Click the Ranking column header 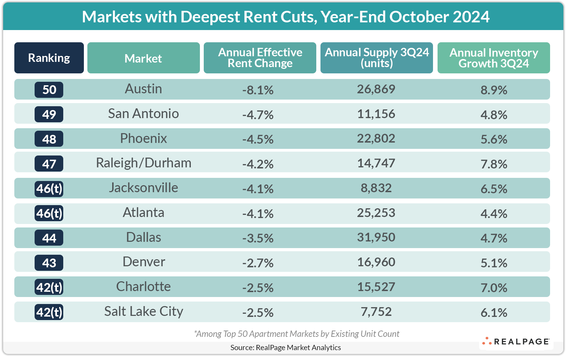pyautogui.click(x=49, y=58)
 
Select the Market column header pyautogui.click(x=143, y=58)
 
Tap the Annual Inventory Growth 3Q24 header pyautogui.click(x=493, y=58)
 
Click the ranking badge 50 pyautogui.click(x=49, y=90)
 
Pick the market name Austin pyautogui.click(x=143, y=89)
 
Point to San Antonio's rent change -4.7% pyautogui.click(x=258, y=115)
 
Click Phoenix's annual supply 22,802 pyautogui.click(x=376, y=139)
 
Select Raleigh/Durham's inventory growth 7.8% pyautogui.click(x=493, y=164)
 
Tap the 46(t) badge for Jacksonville pyautogui.click(x=49, y=189)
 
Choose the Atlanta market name pyautogui.click(x=143, y=213)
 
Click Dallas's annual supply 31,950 pyautogui.click(x=376, y=238)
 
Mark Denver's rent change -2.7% pyautogui.click(x=258, y=263)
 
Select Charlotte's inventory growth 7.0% pyautogui.click(x=493, y=288)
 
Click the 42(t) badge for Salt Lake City pyautogui.click(x=49, y=312)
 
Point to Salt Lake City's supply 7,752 pyautogui.click(x=376, y=312)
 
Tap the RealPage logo pyautogui.click(x=516, y=341)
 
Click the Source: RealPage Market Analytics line pyautogui.click(x=286, y=347)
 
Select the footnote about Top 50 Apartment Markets pyautogui.click(x=296, y=334)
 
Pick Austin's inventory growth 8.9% pyautogui.click(x=493, y=90)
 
